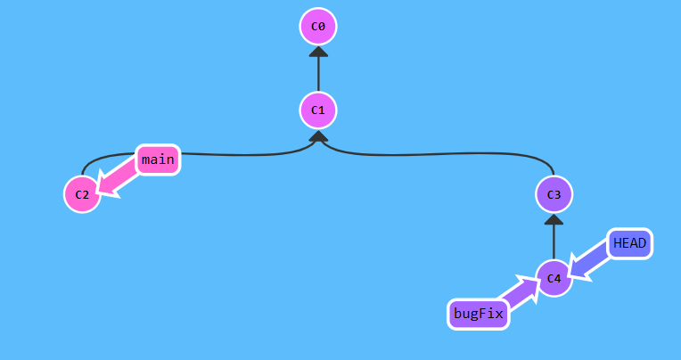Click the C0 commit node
coord(318,27)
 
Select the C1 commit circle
coord(318,110)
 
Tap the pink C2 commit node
coord(82,194)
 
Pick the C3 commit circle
coord(554,194)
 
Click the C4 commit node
coord(554,278)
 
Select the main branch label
coord(158,160)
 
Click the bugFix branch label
coord(479,314)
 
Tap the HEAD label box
coord(630,243)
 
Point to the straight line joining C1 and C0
coord(318,73)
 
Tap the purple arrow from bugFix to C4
coord(517,292)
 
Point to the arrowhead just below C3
coord(554,219)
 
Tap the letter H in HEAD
coord(618,243)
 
